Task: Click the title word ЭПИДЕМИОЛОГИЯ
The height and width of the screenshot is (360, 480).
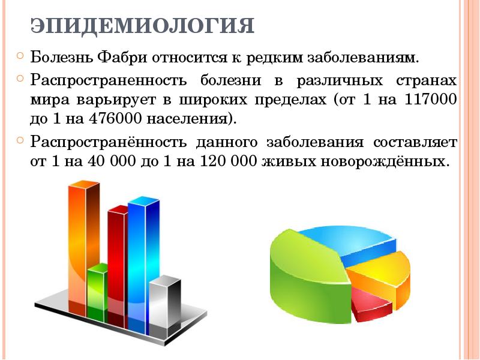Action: tap(142, 27)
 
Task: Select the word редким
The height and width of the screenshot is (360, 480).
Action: tap(276, 59)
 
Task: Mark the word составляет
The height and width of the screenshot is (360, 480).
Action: tap(415, 143)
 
